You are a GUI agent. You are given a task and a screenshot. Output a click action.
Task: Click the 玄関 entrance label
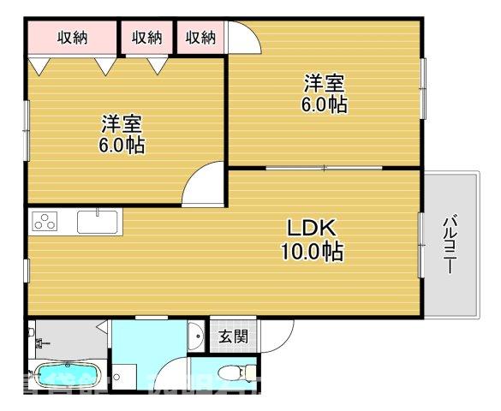coord(232,337)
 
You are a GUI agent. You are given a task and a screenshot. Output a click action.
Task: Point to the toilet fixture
coord(235,372)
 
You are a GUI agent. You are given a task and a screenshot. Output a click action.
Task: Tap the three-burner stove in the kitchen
coord(44,221)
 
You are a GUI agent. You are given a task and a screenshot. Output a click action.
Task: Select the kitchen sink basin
coord(99,221)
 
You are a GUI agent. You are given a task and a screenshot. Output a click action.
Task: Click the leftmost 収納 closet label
coord(73,37)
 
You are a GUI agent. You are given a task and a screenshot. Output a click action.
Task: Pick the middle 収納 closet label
coord(147,37)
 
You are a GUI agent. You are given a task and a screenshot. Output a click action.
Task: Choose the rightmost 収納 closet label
coord(200,37)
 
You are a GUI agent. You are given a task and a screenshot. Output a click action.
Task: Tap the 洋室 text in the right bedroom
coord(323,84)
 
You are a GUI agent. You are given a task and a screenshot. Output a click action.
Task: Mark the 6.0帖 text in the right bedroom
coord(323,105)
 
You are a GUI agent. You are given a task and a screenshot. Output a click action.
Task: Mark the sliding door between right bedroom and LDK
coord(324,168)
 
